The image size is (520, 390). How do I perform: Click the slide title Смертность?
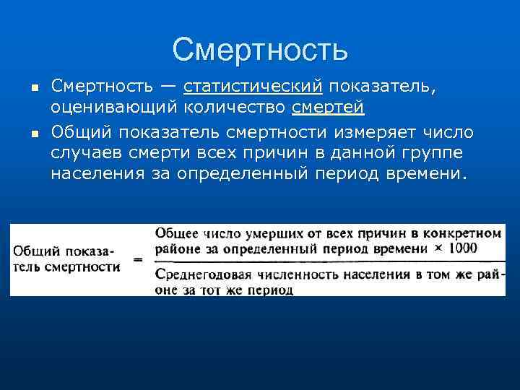click(260, 50)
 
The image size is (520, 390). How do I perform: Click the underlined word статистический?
click(253, 87)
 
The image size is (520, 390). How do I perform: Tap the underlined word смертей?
click(328, 109)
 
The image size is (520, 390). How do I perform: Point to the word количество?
click(235, 109)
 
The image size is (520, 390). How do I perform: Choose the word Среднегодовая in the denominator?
click(199, 275)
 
